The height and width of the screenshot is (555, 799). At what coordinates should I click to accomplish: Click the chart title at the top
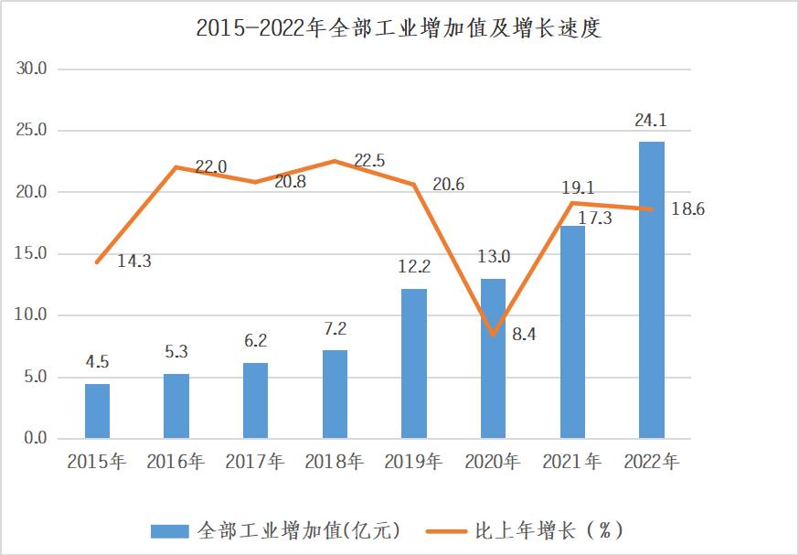click(399, 28)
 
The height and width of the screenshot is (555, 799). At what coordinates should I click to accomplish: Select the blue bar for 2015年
click(97, 411)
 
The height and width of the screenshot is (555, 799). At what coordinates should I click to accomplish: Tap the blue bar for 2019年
click(414, 363)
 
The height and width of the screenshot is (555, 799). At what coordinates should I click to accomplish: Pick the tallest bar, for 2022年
click(652, 290)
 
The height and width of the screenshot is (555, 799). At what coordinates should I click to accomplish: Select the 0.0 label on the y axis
click(34, 439)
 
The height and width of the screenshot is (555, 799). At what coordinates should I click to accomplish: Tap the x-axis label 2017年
click(255, 463)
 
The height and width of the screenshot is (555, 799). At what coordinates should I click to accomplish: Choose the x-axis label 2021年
click(572, 463)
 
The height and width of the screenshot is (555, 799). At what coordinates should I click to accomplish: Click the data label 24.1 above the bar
click(651, 121)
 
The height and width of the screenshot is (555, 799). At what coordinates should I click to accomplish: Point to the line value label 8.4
click(525, 335)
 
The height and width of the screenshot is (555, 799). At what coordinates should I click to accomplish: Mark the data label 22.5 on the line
click(369, 161)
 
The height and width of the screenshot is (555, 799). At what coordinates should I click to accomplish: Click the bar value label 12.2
click(414, 269)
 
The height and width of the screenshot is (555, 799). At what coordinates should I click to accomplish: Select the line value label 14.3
click(134, 261)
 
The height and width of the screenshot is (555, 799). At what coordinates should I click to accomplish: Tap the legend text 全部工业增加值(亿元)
click(298, 530)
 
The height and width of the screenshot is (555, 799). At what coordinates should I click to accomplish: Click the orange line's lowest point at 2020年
click(494, 335)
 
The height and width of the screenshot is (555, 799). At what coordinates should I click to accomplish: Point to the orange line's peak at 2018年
click(335, 161)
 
